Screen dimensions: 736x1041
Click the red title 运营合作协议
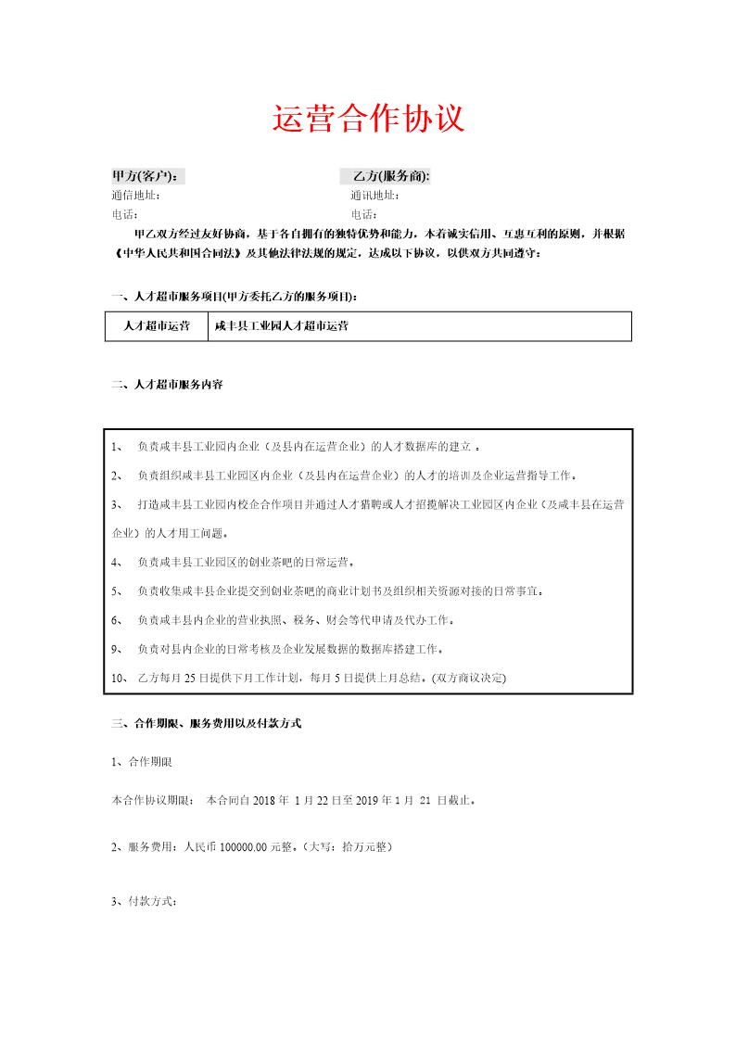pyautogui.click(x=368, y=120)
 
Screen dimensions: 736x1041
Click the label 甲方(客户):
pyautogui.click(x=145, y=176)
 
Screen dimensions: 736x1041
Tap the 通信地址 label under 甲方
pyautogui.click(x=136, y=196)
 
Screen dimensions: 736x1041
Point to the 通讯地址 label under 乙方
pyautogui.click(x=375, y=196)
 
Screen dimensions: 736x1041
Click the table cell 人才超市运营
pyautogui.click(x=157, y=327)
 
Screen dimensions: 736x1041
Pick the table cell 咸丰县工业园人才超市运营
pyautogui.click(x=282, y=327)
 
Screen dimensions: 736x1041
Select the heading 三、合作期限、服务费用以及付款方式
pyautogui.click(x=206, y=723)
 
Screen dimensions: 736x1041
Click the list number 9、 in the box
pyautogui.click(x=117, y=648)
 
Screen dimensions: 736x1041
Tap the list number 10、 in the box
pyautogui.click(x=120, y=678)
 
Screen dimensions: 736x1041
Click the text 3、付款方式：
pyautogui.click(x=144, y=901)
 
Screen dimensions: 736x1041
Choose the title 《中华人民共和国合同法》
pyautogui.click(x=176, y=253)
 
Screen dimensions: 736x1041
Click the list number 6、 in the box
pyautogui.click(x=117, y=618)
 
